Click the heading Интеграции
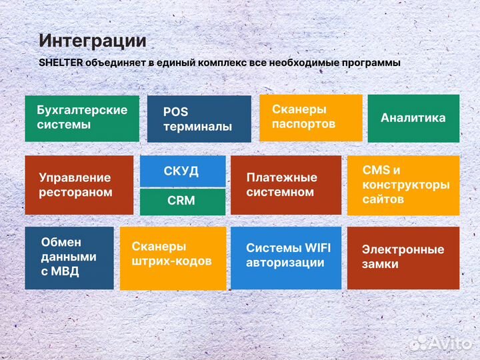[92, 40]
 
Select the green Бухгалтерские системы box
[82, 118]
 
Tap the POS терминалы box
[199, 119]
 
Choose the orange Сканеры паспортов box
[310, 117]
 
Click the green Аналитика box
[413, 118]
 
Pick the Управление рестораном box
[79, 185]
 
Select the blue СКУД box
[182, 171]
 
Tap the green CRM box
[182, 201]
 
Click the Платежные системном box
[285, 185]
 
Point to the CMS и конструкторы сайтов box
[403, 185]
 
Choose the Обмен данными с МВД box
[69, 257]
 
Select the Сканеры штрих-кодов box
[172, 257]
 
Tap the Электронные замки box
[403, 257]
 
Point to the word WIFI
[316, 247]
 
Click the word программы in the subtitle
[368, 63]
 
